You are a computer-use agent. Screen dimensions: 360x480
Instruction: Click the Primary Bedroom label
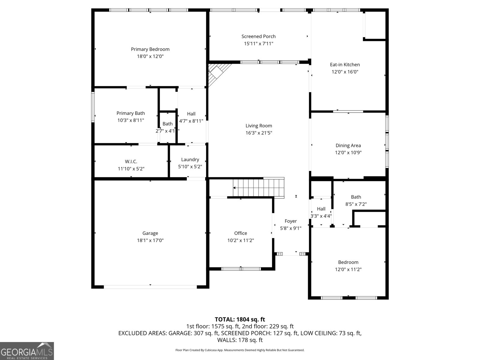tap(150, 49)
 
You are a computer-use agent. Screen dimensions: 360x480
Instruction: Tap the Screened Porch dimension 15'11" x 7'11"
tap(258, 44)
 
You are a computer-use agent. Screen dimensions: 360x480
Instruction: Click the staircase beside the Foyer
tap(259, 187)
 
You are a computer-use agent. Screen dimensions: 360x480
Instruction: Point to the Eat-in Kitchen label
tap(345, 64)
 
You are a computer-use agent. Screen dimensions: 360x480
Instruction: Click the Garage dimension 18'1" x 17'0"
tap(150, 240)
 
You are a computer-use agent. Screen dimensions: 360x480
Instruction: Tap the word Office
tap(241, 233)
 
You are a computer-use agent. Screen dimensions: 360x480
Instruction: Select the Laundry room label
tap(190, 160)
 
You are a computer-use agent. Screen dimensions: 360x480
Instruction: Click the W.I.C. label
tap(131, 162)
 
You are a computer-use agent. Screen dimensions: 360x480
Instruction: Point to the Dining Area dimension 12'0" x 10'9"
tap(348, 153)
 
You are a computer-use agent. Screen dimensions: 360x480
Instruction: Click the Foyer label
tap(290, 221)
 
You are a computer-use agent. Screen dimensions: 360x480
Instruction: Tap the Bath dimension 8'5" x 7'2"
tap(356, 204)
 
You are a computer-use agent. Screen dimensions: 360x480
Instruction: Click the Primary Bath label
tap(130, 113)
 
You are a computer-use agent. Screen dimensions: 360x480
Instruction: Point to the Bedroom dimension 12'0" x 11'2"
tap(348, 269)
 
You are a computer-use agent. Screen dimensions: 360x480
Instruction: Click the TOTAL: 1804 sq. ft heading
tap(240, 319)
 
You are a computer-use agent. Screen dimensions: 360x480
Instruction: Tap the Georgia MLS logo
tap(27, 351)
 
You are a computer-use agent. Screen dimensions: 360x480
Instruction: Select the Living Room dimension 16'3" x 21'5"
tap(259, 133)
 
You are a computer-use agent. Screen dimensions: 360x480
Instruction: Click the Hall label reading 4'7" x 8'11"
tap(191, 114)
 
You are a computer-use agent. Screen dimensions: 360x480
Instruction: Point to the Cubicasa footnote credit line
tap(240, 350)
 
